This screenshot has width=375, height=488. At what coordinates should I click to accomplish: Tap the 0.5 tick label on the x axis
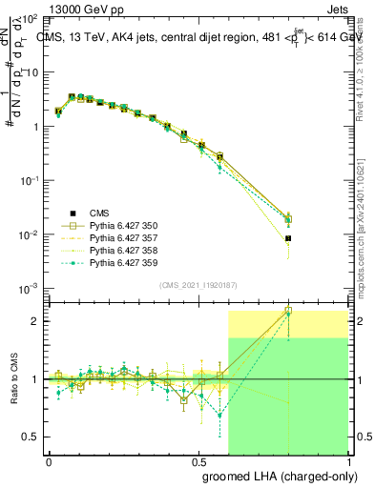pyautogui.click(x=198, y=459)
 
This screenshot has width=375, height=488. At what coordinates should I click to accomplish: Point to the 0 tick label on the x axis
pyautogui.click(x=49, y=459)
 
